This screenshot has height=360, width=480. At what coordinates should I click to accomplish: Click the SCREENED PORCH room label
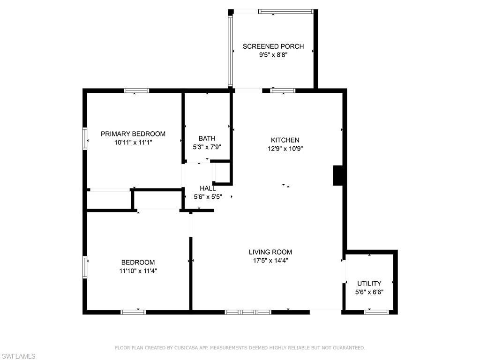273,46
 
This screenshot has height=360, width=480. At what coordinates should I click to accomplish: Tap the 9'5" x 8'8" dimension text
273,55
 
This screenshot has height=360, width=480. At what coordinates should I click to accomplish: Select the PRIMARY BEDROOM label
133,134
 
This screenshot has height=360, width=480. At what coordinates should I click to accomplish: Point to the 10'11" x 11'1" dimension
133,142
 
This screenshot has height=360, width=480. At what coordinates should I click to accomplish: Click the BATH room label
207,138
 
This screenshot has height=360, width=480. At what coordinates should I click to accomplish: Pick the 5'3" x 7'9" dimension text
207,147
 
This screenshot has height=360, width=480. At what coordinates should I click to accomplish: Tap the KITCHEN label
285,140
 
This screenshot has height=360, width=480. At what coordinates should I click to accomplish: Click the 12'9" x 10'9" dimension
285,149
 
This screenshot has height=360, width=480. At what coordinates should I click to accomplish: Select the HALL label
208,188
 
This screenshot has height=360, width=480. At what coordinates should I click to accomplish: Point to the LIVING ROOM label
270,252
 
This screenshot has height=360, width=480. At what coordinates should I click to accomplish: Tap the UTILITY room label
369,284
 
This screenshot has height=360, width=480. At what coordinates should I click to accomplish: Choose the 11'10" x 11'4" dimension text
138,271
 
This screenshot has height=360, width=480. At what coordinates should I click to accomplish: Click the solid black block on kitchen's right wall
338,175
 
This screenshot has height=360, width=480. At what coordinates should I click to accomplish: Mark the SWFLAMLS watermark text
18,356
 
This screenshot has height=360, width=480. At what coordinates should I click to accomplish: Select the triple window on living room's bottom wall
248,312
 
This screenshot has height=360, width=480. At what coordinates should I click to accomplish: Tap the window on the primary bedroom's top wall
136,90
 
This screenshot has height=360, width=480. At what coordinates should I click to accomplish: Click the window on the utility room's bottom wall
376,312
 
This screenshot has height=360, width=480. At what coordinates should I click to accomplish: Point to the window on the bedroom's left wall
85,267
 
